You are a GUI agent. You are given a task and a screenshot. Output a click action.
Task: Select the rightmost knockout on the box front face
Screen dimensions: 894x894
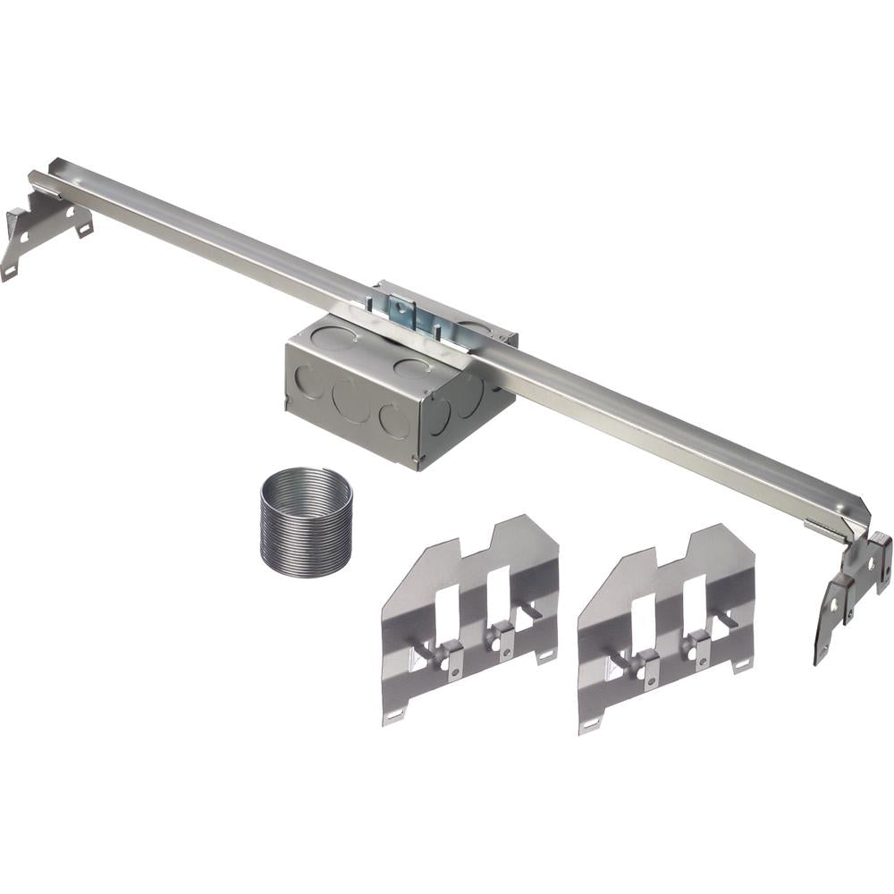394,420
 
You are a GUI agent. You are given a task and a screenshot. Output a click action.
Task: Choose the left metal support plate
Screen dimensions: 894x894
469,617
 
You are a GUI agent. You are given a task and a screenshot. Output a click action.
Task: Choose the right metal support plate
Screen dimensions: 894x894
666,626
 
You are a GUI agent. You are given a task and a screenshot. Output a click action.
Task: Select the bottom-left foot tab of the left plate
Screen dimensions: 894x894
394,715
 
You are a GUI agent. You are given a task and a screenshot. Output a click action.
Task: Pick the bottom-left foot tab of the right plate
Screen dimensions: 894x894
591,723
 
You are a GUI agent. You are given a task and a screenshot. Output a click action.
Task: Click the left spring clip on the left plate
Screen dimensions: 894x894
451,658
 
